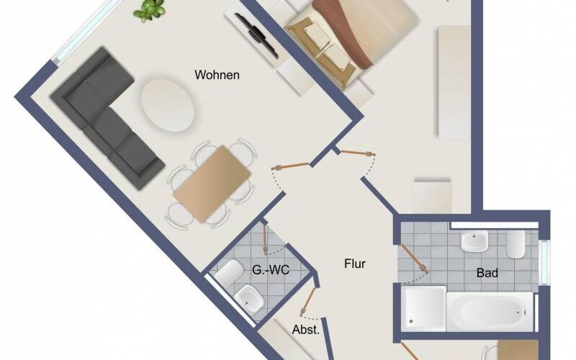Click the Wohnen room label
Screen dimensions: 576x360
217,75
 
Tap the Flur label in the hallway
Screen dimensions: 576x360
355,264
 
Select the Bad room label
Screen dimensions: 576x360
487,273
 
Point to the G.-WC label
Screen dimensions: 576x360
271,270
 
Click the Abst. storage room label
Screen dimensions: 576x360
305,330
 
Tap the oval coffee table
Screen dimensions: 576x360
168,105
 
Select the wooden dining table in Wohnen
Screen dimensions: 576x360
212,184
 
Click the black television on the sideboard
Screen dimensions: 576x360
256,35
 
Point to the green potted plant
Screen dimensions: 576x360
149,10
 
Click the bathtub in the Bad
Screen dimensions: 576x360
490,312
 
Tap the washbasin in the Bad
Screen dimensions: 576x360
474,241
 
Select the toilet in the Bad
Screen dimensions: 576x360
516,244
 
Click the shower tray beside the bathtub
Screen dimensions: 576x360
423,309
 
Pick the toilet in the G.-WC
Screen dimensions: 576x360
229,273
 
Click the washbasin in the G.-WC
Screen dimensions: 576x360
249,299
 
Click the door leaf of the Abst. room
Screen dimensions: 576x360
308,301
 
